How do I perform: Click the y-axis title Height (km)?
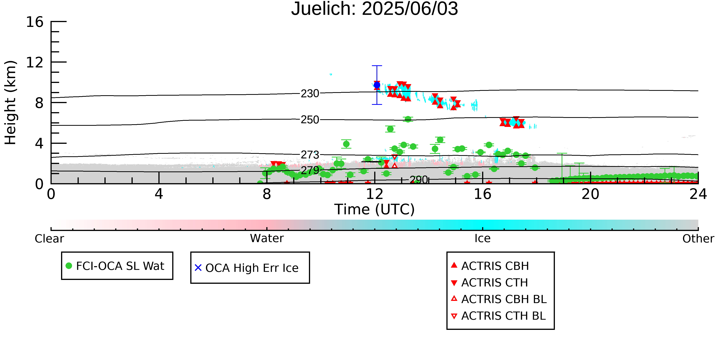[11, 103]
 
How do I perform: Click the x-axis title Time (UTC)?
[375, 209]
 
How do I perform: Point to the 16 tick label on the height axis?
[35, 22]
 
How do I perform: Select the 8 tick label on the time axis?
[267, 194]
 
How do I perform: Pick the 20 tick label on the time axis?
[590, 194]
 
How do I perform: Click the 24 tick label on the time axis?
[698, 194]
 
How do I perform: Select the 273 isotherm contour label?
[310, 155]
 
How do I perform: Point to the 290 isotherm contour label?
[419, 180]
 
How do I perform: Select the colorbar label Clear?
[49, 239]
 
